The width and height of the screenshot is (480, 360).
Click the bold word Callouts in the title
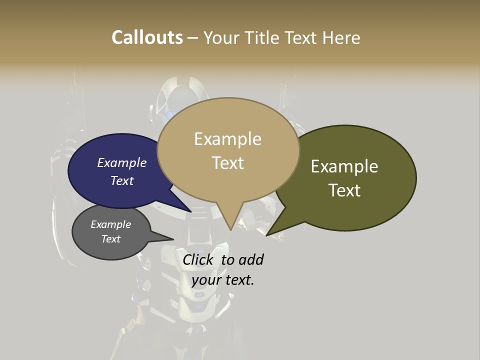147,37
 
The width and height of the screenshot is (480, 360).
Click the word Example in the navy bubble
122,162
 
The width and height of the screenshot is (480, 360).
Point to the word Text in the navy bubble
122,180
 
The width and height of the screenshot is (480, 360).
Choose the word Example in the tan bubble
227,139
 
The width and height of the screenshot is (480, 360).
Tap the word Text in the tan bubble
227,162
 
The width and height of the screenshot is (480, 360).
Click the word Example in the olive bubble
344,166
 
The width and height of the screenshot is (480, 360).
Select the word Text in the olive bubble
344,190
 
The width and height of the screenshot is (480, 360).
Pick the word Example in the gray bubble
110,224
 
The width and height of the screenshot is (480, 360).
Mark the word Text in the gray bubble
110,239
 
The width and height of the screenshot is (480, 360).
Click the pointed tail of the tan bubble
230,227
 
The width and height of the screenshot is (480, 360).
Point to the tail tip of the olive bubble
268,234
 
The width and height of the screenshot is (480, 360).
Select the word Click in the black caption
197,259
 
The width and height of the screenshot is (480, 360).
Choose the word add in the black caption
251,259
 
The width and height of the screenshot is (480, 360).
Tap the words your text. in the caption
223,280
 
